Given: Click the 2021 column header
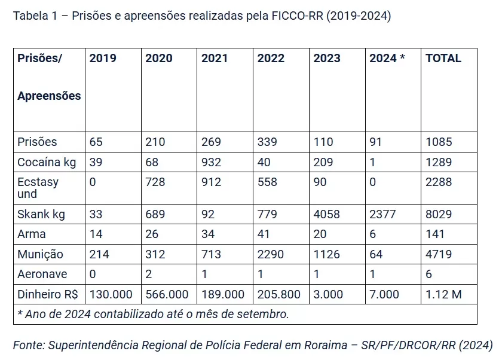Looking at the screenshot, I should click(x=215, y=59).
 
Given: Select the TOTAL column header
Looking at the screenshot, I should click(x=443, y=59).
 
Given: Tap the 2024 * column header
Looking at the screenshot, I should click(x=387, y=59).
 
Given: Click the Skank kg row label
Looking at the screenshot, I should click(x=41, y=214).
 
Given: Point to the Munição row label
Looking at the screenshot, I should click(x=40, y=254).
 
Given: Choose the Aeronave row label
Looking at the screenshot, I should click(x=42, y=274).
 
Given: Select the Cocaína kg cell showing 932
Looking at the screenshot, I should click(x=211, y=162).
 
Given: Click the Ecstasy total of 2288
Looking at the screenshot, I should click(x=438, y=182).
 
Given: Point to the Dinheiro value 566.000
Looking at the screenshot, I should click(x=167, y=294).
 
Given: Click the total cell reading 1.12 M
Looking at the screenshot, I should click(x=443, y=294).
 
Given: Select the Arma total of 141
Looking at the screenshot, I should click(x=434, y=234).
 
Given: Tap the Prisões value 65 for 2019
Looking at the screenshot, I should click(x=96, y=142).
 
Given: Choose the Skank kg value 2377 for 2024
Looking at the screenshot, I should click(x=382, y=214).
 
